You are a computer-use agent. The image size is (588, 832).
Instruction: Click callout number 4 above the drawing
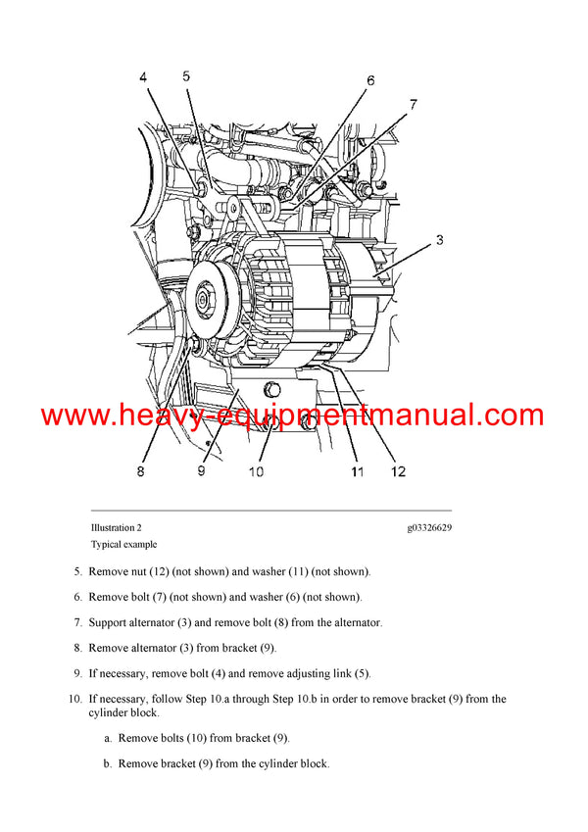click(x=143, y=77)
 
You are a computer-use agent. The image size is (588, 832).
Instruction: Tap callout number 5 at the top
click(x=186, y=75)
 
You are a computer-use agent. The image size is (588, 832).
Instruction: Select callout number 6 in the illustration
click(x=370, y=80)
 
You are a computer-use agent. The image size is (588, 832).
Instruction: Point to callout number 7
click(x=413, y=104)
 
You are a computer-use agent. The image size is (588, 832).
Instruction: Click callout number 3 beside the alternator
click(x=440, y=239)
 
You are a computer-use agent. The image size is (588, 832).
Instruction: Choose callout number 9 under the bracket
click(x=201, y=471)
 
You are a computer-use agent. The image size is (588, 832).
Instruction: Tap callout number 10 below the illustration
click(x=256, y=471)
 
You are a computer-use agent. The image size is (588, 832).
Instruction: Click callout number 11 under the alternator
click(x=358, y=471)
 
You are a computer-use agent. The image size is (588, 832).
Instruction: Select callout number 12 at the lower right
click(x=398, y=471)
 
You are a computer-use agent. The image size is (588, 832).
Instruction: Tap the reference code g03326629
click(x=429, y=528)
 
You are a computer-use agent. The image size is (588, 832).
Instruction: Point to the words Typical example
click(x=123, y=544)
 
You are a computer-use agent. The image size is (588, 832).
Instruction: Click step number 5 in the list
click(x=77, y=571)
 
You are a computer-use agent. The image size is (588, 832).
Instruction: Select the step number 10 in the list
click(x=74, y=699)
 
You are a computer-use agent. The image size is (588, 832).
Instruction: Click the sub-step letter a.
click(x=107, y=738)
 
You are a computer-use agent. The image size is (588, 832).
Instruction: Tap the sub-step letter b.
click(x=107, y=763)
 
